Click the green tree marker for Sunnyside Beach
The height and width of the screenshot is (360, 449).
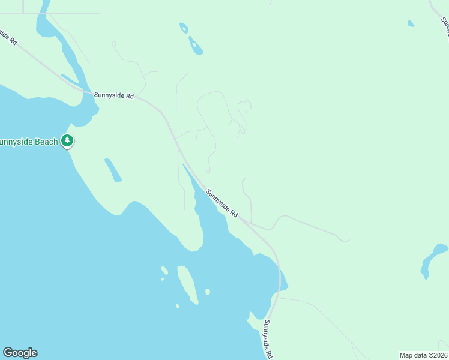point(67,141)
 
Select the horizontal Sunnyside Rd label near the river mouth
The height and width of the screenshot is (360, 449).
point(113,95)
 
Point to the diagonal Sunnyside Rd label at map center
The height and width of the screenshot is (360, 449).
point(222,203)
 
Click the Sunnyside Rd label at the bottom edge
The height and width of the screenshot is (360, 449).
point(268,339)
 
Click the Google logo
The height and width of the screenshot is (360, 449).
point(20,353)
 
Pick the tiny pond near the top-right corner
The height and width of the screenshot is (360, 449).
point(411,24)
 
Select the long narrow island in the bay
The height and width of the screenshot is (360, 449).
point(187,284)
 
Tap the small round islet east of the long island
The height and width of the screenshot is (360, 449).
point(208,292)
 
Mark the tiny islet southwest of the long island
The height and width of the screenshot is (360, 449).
point(178,306)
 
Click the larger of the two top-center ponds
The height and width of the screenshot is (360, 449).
point(196,46)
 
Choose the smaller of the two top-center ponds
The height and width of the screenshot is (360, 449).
point(184,28)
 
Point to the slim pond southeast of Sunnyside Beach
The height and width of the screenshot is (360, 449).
point(113,169)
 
